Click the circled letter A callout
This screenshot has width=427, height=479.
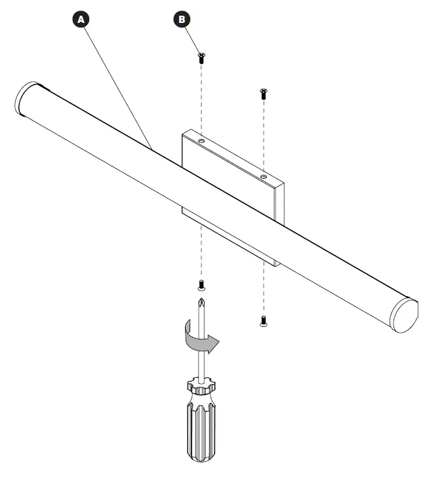81,20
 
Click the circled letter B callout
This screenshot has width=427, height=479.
182,20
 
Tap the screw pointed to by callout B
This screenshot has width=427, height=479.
201,57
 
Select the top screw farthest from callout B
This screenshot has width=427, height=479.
263,92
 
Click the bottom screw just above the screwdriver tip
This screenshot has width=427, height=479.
201,285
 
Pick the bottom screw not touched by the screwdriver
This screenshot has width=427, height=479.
263,321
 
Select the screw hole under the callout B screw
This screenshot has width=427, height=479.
201,140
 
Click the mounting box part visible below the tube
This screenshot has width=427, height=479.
230,236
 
